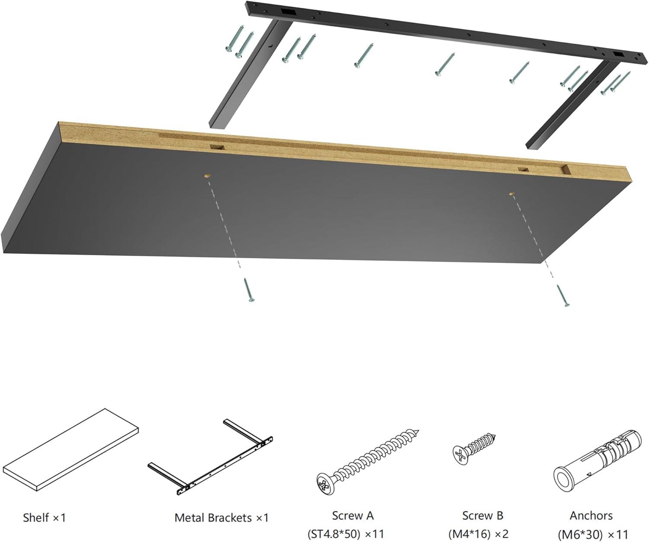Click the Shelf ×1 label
tap(44, 517)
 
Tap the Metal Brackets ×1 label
tap(222, 517)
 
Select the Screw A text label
tap(353, 516)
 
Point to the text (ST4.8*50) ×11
tap(346, 534)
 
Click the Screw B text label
tap(482, 516)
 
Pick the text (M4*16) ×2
tap(478, 534)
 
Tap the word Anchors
tap(591, 516)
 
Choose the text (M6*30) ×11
tap(592, 534)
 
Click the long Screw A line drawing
tap(367, 462)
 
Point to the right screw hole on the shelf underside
tap(511, 194)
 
